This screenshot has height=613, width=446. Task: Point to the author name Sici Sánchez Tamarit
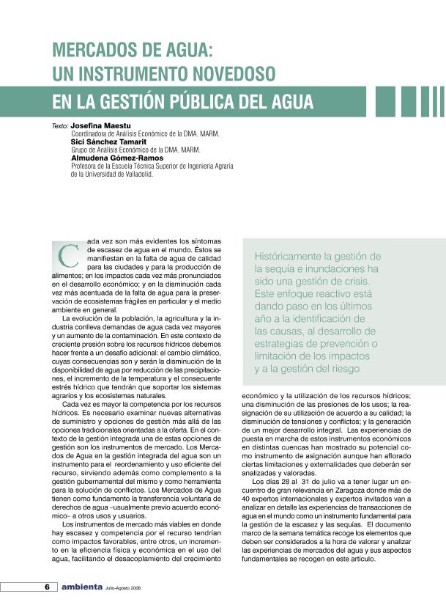[x=110, y=142]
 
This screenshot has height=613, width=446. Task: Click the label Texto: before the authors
[x=60, y=126]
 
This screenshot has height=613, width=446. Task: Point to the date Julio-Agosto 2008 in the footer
[x=124, y=587]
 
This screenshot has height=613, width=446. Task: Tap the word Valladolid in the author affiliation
[x=134, y=175]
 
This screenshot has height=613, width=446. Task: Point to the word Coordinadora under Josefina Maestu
[x=91, y=134]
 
